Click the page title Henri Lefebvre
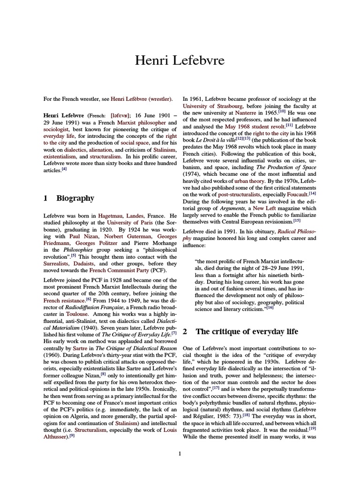pyautogui.click(x=180, y=60)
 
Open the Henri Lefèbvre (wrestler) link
pyautogui.click(x=142, y=99)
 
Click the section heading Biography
pyautogui.click(x=75, y=198)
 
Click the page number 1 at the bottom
pyautogui.click(x=180, y=453)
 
